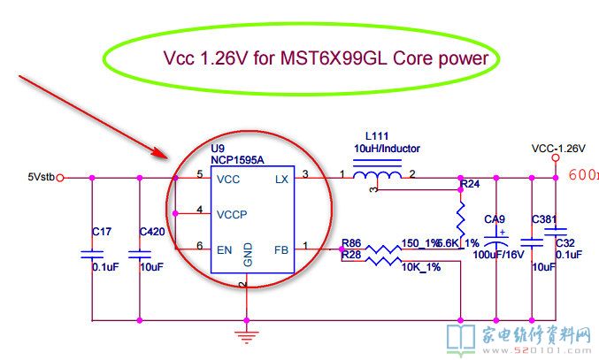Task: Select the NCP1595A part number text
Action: point(237,159)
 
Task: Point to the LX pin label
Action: point(282,178)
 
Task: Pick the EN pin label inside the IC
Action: point(225,249)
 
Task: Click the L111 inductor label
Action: point(366,137)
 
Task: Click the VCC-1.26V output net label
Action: point(558,148)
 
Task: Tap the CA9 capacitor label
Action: point(494,218)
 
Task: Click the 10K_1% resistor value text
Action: point(422,266)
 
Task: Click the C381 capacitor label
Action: point(543,218)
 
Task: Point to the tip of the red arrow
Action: point(168,158)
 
